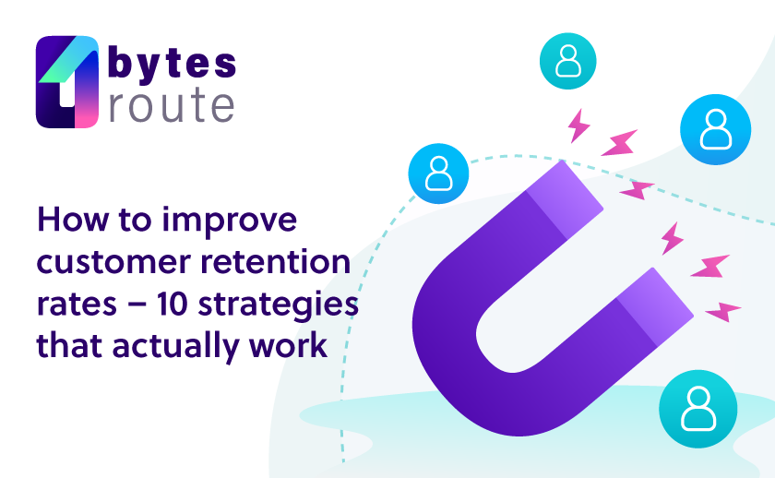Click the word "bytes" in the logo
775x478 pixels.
[172, 64]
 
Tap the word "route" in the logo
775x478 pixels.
[171, 104]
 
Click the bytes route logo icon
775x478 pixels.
[67, 81]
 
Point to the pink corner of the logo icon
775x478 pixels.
[87, 116]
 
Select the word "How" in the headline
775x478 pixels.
[73, 220]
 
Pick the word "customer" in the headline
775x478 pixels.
[113, 263]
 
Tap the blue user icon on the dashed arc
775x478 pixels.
[438, 173]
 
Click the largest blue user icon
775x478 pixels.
[715, 129]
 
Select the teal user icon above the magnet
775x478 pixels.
[568, 61]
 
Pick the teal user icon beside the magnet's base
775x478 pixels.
[697, 409]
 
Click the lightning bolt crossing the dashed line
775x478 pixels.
[638, 190]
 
